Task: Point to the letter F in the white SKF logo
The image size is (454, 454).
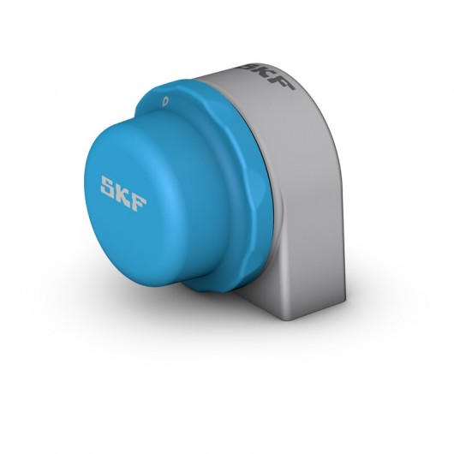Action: point(139,198)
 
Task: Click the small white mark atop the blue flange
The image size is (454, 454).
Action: point(164,101)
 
